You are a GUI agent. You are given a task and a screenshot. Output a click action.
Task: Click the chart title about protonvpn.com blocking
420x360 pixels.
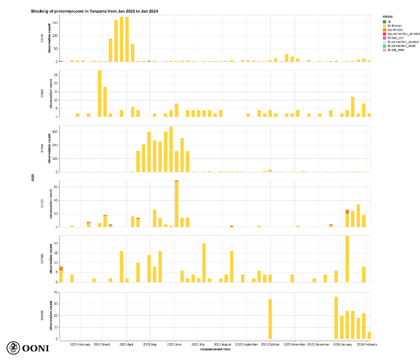click(x=94, y=11)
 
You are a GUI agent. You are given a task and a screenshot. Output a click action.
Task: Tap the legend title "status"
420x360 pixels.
click(x=388, y=17)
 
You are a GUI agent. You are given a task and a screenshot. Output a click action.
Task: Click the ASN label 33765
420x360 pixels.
click(x=42, y=38)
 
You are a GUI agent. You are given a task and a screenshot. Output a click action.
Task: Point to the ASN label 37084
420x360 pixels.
click(x=42, y=148)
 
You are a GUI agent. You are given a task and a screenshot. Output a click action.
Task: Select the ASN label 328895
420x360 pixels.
click(x=42, y=315)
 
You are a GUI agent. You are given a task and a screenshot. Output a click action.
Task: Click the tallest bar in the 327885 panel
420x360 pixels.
click(x=347, y=259)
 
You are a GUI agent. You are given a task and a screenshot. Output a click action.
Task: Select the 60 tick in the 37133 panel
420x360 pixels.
click(x=56, y=187)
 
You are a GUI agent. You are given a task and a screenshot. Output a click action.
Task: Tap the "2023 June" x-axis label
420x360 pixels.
click(x=174, y=345)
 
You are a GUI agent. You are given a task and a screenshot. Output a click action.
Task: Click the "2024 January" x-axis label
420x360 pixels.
click(x=343, y=345)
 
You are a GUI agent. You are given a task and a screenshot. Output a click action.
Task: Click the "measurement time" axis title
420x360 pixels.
click(x=215, y=349)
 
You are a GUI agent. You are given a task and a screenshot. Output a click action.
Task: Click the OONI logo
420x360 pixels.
click(x=28, y=348)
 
